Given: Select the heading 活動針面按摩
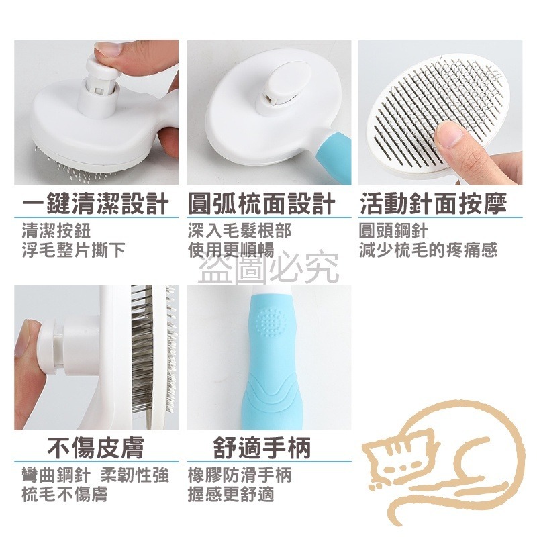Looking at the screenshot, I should click(432, 203).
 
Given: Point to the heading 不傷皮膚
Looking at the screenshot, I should click(95, 446).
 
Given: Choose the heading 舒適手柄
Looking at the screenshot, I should click(262, 446).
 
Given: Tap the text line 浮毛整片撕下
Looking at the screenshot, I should click(72, 250).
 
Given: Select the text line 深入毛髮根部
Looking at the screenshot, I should click(240, 232).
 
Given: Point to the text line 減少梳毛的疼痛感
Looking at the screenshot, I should click(428, 250).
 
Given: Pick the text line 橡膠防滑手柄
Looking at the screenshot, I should click(240, 475).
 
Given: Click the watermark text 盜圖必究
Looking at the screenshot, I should click(268, 270).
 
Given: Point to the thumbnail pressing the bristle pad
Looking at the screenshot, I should click(451, 135).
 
